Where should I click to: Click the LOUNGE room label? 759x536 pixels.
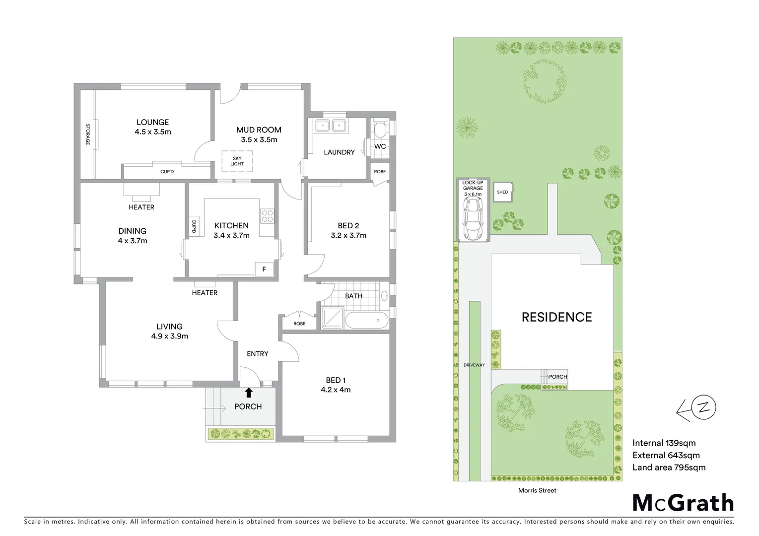click(x=152, y=122)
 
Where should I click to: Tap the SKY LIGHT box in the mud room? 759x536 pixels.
click(x=237, y=161)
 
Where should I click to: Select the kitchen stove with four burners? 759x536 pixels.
click(x=267, y=216)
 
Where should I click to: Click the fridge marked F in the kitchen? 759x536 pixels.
click(x=264, y=269)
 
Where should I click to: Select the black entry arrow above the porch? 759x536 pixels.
click(x=249, y=393)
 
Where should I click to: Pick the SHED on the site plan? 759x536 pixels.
click(x=502, y=192)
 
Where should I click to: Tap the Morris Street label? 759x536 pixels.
click(x=538, y=490)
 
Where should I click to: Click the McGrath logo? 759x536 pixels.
click(x=683, y=503)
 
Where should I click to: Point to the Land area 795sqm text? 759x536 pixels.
click(x=669, y=467)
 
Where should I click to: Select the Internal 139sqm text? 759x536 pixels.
click(x=664, y=443)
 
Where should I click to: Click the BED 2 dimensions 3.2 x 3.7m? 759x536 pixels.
click(x=348, y=235)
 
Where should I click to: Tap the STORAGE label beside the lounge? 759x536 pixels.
click(x=88, y=134)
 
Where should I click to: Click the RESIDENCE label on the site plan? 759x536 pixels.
click(x=556, y=317)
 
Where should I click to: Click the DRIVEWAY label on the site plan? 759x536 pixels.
click(x=474, y=365)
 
